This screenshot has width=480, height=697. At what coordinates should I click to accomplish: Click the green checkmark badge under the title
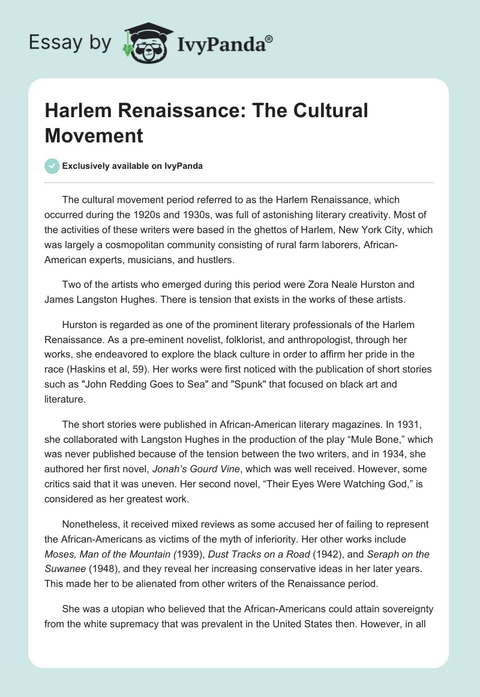[52, 166]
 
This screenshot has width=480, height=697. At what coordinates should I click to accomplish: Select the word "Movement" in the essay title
[94, 135]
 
